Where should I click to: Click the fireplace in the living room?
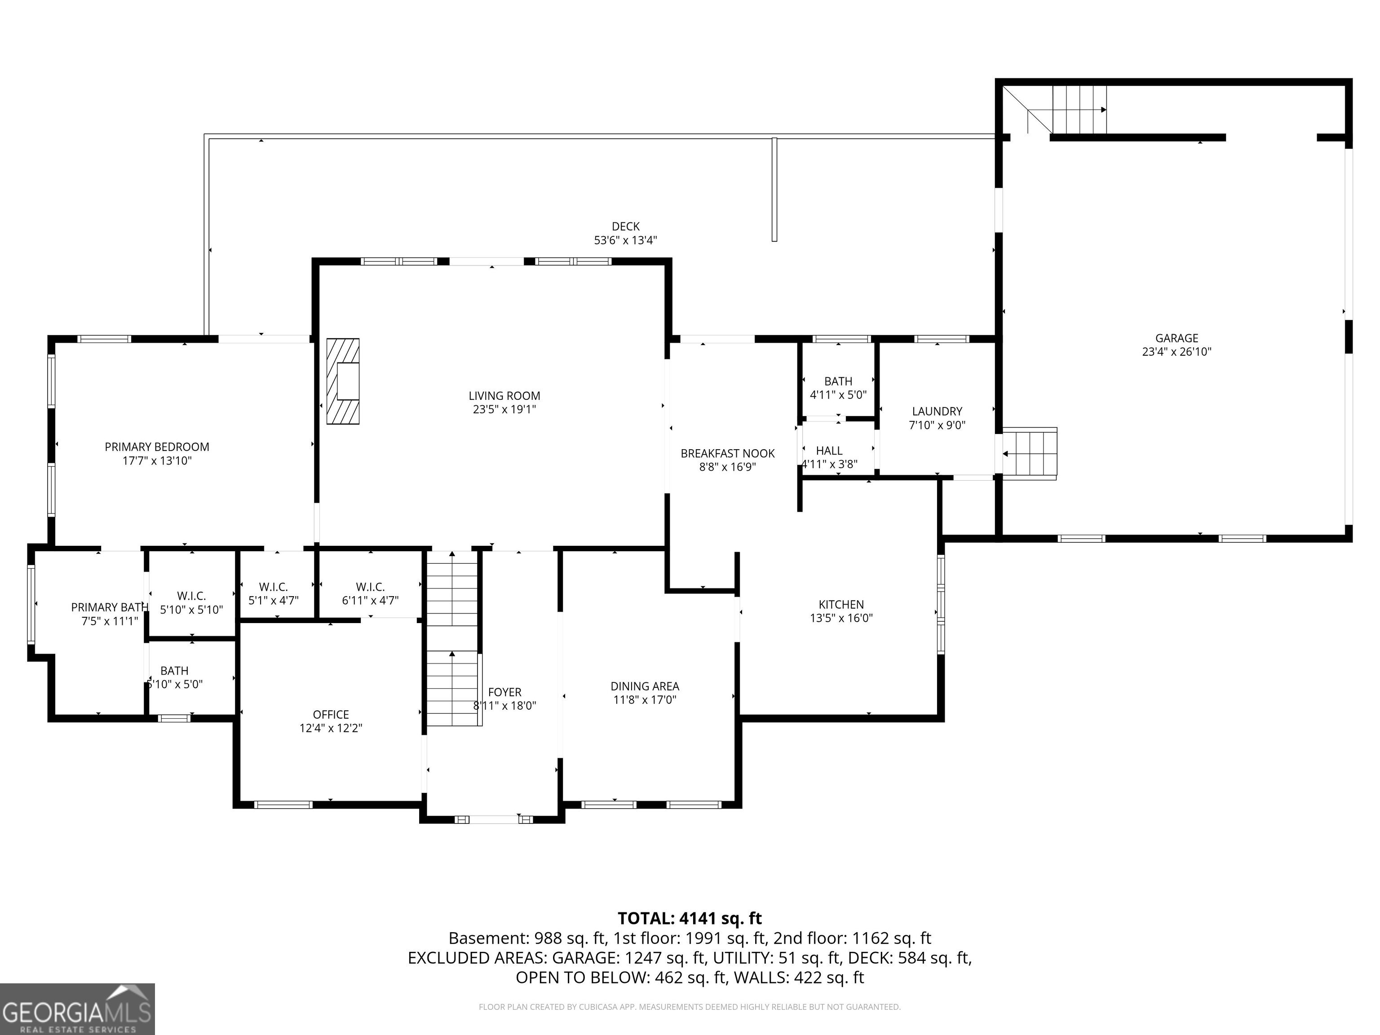[x=343, y=381]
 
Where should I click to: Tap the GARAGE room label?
[x=1177, y=338]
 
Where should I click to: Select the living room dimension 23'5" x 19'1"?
[x=504, y=409]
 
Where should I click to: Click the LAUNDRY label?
[x=937, y=411]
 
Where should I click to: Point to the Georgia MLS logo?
[x=77, y=1009]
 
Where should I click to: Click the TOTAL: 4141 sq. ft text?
[x=690, y=918]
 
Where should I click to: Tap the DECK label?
[x=626, y=226]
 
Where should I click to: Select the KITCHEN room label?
[x=841, y=605]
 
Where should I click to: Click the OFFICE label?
[x=331, y=714]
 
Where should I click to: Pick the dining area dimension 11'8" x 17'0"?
[x=645, y=700]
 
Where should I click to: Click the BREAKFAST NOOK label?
[x=727, y=454]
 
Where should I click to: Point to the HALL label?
[x=829, y=451]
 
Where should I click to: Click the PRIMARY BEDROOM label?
[x=157, y=447]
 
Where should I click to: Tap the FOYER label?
[x=505, y=692]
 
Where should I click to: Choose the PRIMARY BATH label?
[x=110, y=607]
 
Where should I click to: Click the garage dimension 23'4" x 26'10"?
[x=1177, y=352]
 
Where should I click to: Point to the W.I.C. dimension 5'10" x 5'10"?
[x=191, y=610]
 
